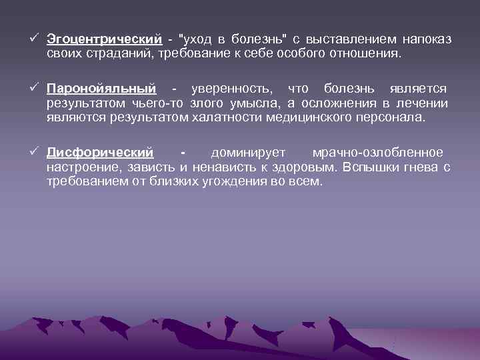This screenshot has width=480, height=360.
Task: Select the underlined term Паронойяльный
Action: pos(101,89)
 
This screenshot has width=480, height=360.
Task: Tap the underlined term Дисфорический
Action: pos(100,153)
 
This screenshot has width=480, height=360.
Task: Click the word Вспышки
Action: pos(370,167)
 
